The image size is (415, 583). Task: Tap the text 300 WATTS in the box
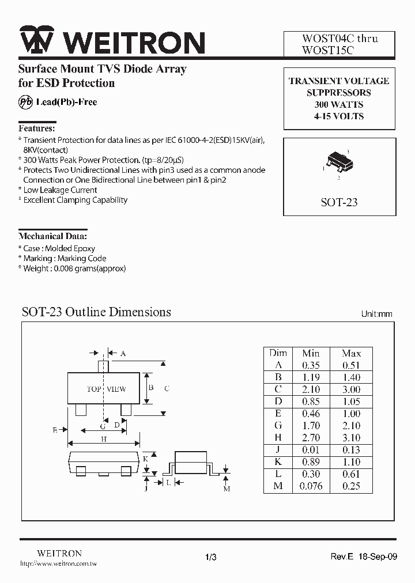[x=338, y=104]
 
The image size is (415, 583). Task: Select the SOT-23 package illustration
[x=338, y=161]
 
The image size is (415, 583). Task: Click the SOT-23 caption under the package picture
[x=338, y=202]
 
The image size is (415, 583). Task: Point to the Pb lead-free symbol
[x=26, y=103]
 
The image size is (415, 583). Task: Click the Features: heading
[x=37, y=128]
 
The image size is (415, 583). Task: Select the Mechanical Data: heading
[x=53, y=236]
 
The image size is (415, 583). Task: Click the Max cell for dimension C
[x=351, y=389]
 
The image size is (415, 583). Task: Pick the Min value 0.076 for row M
[x=311, y=486]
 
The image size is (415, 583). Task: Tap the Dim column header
[x=278, y=353]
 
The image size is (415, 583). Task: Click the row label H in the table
[x=278, y=438]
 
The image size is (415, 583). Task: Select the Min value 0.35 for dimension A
[x=311, y=365]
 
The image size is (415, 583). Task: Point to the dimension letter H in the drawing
[x=104, y=439]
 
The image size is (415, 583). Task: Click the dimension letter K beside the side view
[x=146, y=459]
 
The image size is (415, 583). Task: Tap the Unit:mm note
[x=376, y=314]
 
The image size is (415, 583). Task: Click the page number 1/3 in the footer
[x=210, y=556]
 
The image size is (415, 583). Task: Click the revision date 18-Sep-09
[x=379, y=556]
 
